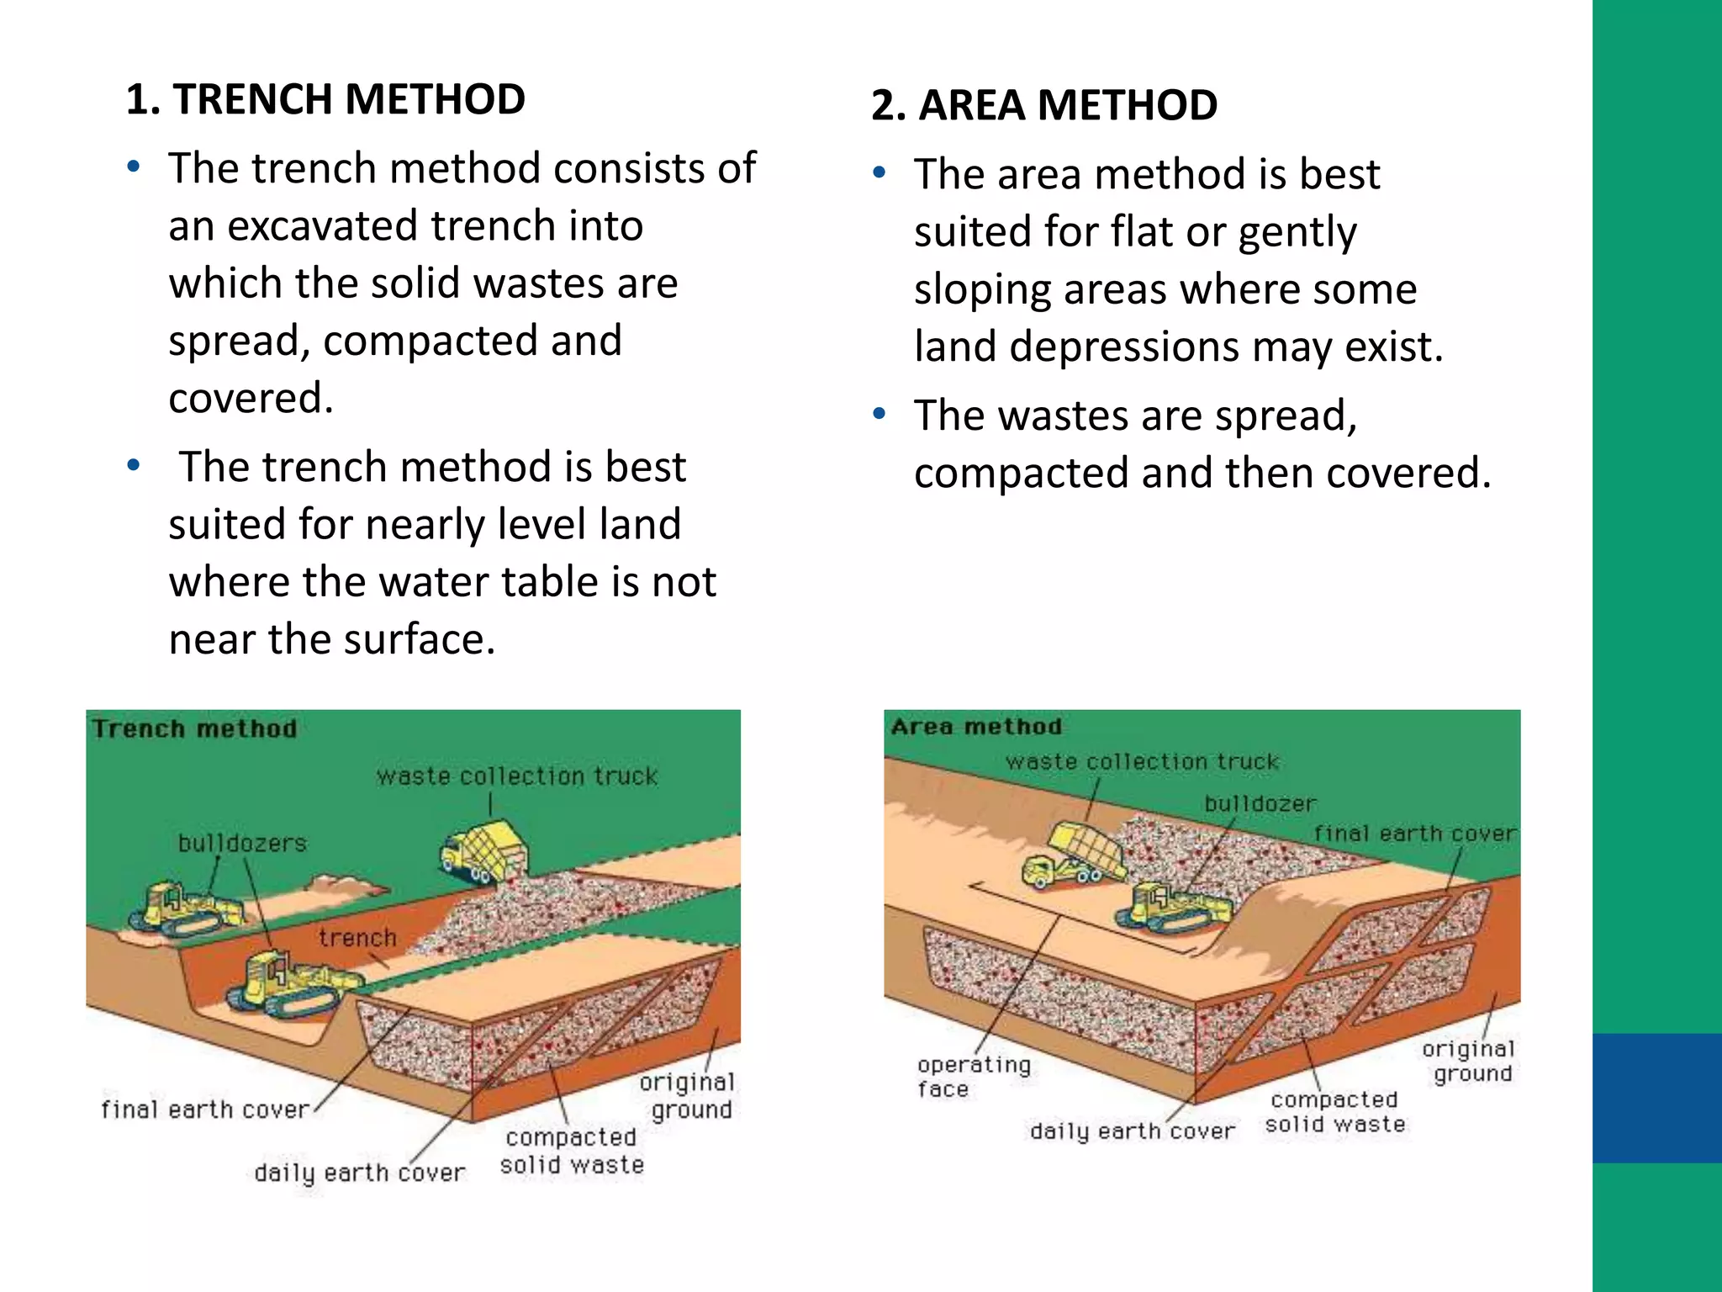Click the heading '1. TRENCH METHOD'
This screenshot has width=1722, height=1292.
pos(325,99)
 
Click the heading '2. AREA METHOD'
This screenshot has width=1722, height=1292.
pos(1043,105)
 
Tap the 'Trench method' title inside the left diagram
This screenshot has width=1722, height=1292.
pos(194,728)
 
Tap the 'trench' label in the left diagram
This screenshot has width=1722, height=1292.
pos(357,938)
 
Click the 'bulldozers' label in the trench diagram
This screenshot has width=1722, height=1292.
pos(242,843)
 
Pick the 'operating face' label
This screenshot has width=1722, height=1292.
pos(973,1077)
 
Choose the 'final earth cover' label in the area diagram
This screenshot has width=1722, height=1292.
pos(1414,834)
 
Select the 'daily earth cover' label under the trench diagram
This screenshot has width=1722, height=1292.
pos(359,1173)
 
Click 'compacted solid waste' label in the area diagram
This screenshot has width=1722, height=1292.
pos(1334,1112)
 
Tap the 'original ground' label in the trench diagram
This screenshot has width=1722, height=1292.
pos(687,1095)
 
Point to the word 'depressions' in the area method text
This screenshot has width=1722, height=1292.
pos(1124,347)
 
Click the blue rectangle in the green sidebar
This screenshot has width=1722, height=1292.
pos(1656,1098)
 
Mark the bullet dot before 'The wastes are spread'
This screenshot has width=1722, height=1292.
pos(879,414)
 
